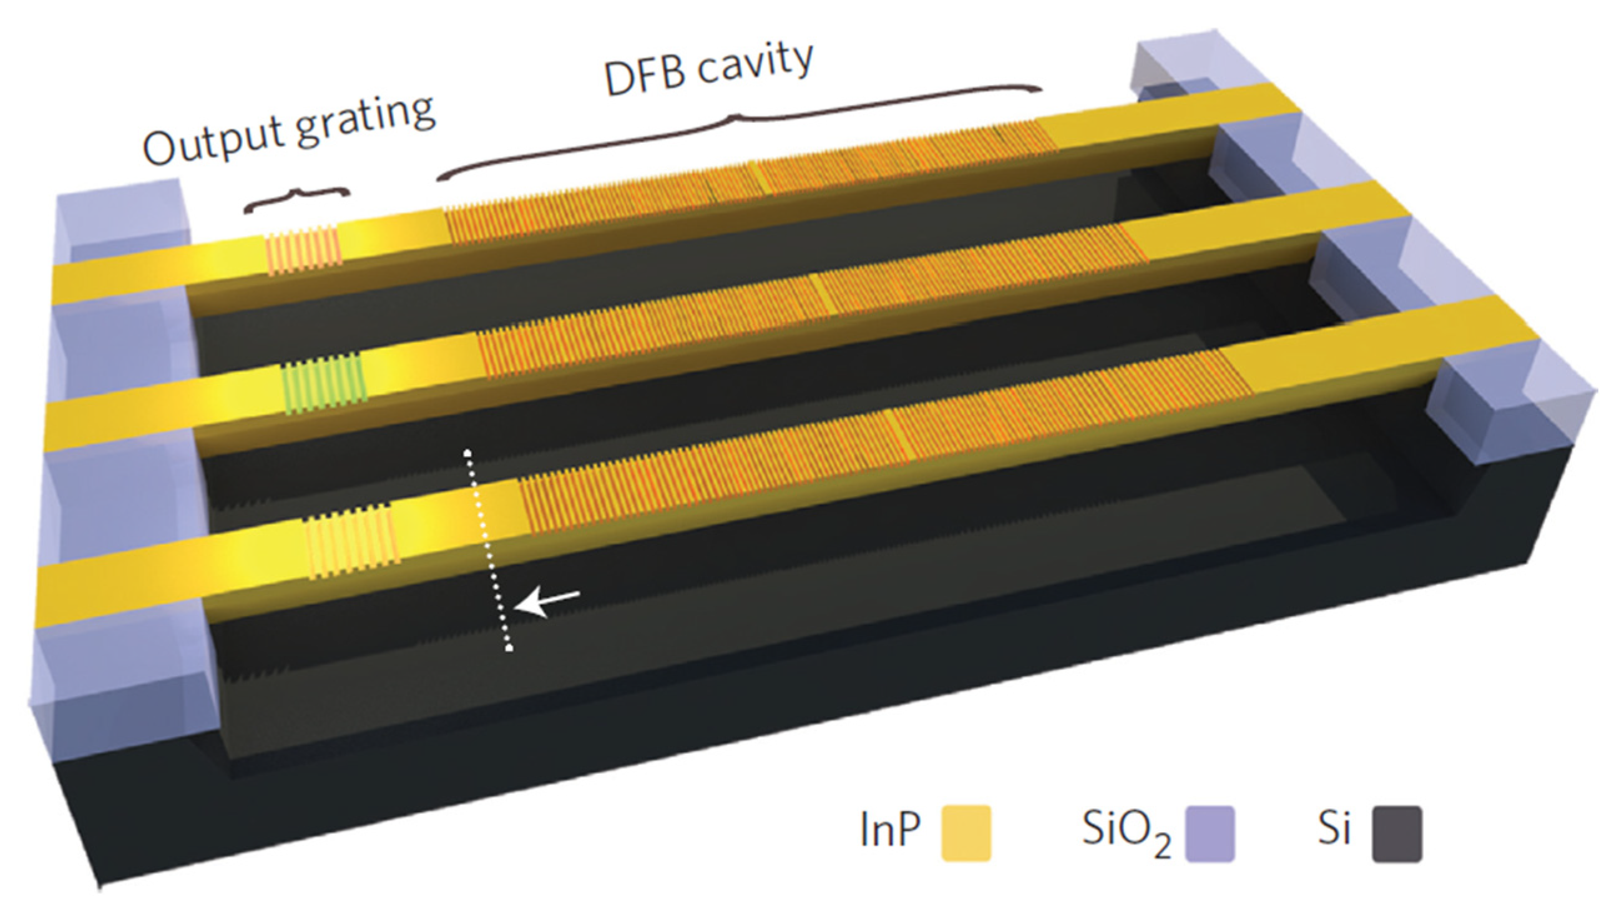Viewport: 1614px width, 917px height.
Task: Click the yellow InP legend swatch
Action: pyautogui.click(x=966, y=833)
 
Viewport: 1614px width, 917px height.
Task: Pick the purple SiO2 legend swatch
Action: pyautogui.click(x=1209, y=833)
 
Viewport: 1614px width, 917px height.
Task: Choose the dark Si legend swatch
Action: pyautogui.click(x=1397, y=833)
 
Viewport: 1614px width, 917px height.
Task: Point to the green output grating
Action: pyautogui.click(x=324, y=383)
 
